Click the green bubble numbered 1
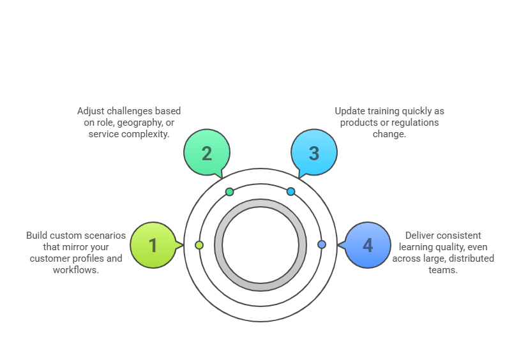153,245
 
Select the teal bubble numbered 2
207,152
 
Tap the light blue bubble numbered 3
314,152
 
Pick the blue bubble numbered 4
368,245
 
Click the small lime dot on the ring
199,245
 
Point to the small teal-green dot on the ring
230,191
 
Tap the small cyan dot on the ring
291,191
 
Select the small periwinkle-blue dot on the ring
322,244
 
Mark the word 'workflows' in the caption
76,270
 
